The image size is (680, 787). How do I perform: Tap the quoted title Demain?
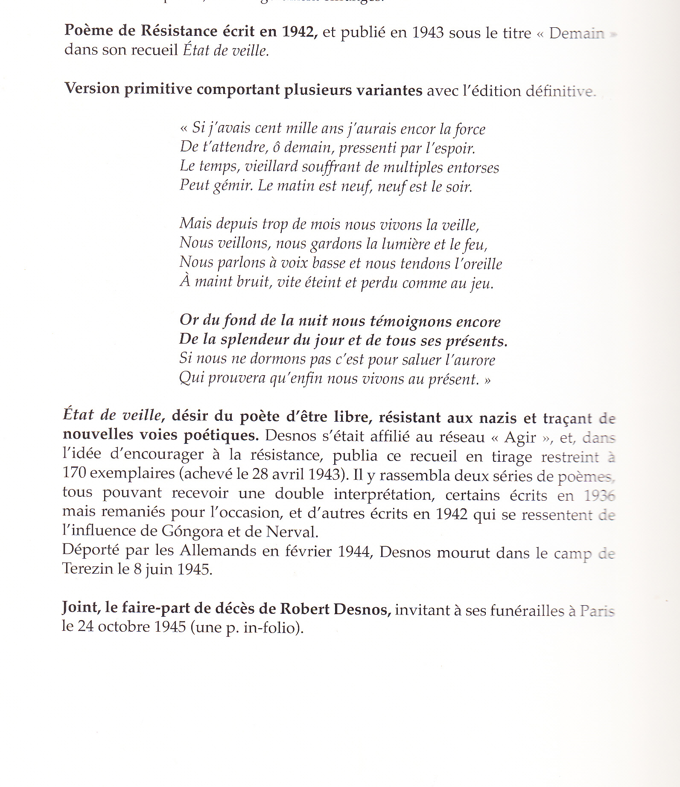click(577, 33)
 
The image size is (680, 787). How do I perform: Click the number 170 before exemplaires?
click(74, 473)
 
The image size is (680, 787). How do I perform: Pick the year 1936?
click(599, 496)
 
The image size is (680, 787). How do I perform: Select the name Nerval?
click(292, 532)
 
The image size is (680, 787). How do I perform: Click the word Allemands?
click(218, 551)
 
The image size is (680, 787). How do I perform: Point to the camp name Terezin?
click(88, 569)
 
